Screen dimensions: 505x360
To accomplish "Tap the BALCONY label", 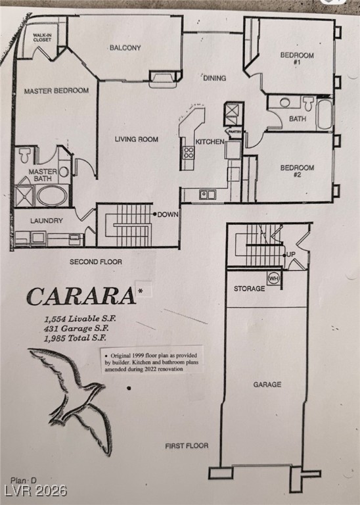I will pyautogui.click(x=125, y=48).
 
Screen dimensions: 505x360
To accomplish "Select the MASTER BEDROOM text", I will pyautogui.click(x=56, y=91).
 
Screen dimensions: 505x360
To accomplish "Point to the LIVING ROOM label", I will pyautogui.click(x=137, y=139).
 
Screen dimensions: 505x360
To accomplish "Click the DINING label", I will pyautogui.click(x=214, y=78).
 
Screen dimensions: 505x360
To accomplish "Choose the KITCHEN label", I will pyautogui.click(x=210, y=142).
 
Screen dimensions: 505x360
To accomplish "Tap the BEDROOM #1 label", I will pyautogui.click(x=297, y=59).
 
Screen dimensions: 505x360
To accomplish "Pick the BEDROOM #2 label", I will pyautogui.click(x=297, y=172).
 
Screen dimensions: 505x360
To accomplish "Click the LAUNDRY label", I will pyautogui.click(x=47, y=221).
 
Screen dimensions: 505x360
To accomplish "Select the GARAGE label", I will pyautogui.click(x=267, y=385).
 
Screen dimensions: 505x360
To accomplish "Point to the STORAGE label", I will pyautogui.click(x=250, y=289).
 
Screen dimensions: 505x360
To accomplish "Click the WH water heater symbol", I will pyautogui.click(x=274, y=278).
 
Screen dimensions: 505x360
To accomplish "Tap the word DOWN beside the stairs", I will pyautogui.click(x=169, y=214).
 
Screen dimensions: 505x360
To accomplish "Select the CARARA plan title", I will pyautogui.click(x=81, y=297).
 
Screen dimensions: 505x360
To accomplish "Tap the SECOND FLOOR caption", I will pyautogui.click(x=96, y=262).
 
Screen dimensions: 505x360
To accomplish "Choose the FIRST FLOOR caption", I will pyautogui.click(x=187, y=446).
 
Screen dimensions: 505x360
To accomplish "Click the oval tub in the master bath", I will pyautogui.click(x=53, y=195).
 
